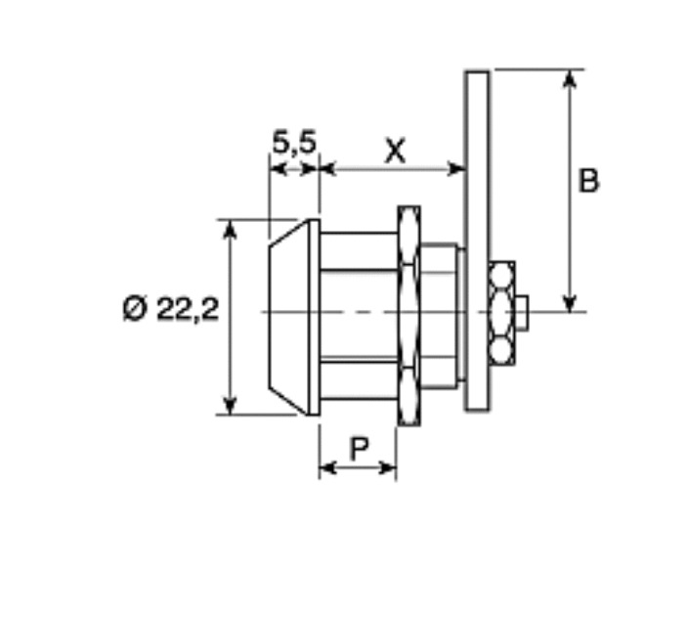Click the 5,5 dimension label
tap(294, 142)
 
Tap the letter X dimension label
tap(395, 151)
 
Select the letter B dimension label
tap(588, 181)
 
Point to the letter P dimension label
tap(360, 449)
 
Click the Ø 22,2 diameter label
tap(171, 309)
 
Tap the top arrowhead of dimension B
tap(569, 79)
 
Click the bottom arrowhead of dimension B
tap(569, 302)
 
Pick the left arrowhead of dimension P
tap(327, 468)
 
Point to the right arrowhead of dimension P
tap(387, 468)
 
